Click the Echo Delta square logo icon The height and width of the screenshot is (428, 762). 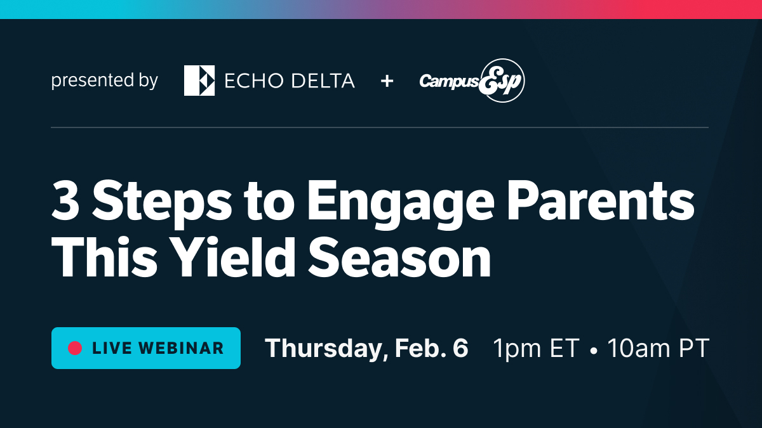pos(199,81)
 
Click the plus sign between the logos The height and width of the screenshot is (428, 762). pos(387,81)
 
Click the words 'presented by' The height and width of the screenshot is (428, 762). pos(105,81)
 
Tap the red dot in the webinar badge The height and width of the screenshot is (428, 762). pos(76,348)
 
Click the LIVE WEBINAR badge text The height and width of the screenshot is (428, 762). pos(158,348)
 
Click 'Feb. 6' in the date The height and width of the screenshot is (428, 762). pos(431,348)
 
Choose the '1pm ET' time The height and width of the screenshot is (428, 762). pos(537,348)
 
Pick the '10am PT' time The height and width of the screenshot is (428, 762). pos(658,348)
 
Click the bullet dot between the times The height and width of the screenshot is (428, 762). pos(593,349)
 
